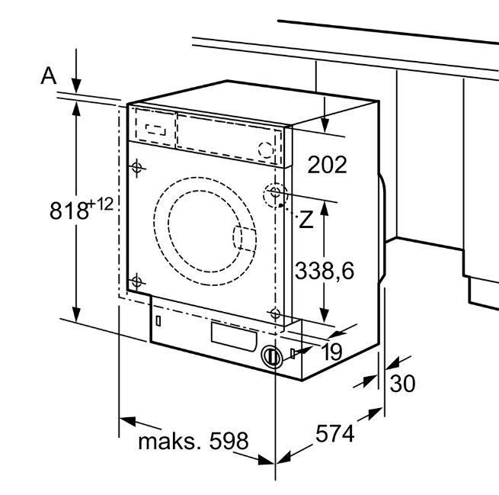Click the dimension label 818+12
coord(81,208)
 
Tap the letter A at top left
coord(49,76)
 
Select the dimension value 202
coord(327,163)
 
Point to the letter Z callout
coord(305,220)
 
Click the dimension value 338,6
coord(325,269)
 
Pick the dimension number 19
coord(331,352)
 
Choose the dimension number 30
coord(402,383)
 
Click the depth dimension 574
coord(335,434)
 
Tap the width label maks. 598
coord(193,441)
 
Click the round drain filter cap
coord(271,356)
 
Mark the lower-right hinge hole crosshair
coord(274,312)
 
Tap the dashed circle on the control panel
coord(266,149)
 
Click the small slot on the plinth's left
coord(158,320)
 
